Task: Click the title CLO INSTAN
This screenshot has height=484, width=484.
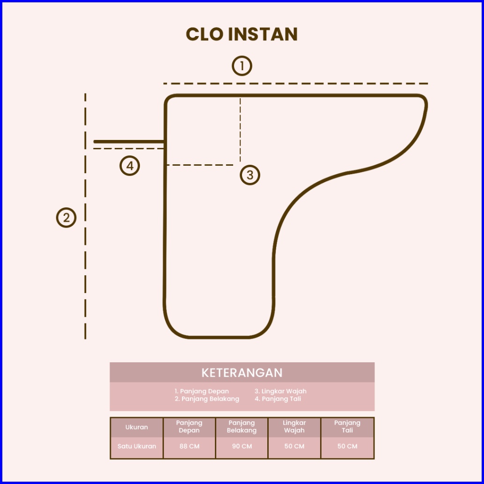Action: pos(242,35)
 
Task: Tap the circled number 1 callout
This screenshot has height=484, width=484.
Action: pos(242,66)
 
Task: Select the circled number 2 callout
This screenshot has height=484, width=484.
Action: pos(66,218)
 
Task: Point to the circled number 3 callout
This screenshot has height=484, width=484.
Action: pos(249,175)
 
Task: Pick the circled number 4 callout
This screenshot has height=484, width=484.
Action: pos(130,166)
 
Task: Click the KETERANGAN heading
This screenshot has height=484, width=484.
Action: pos(242,373)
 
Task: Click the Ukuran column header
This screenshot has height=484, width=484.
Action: pos(137,427)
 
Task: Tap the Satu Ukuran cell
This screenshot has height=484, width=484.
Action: pos(137,446)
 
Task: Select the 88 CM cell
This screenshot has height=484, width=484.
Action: pos(189,446)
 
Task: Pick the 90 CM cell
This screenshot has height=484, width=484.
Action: pos(242,446)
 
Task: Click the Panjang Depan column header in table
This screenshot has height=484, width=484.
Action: pos(189,426)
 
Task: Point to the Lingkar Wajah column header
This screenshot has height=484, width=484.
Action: pos(294,426)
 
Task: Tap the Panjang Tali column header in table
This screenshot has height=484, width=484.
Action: pos(347,426)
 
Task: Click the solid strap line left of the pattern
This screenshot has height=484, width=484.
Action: pos(129,141)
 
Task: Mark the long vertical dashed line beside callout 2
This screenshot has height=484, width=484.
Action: pos(85,281)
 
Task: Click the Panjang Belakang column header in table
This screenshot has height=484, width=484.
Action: pos(242,426)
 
